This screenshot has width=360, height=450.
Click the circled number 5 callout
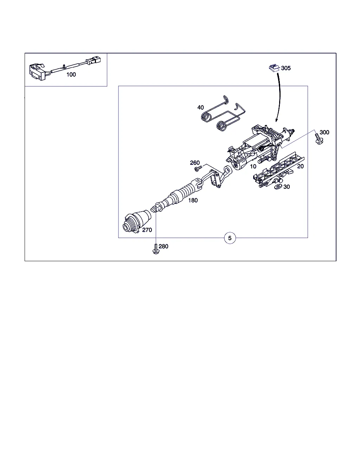(x=230, y=238)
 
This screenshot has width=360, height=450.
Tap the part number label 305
(x=286, y=68)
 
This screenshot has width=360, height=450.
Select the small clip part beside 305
(x=274, y=68)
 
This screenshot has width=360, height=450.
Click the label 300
(x=324, y=133)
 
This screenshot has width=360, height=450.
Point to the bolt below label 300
(x=319, y=139)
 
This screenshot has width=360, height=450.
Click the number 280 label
(x=163, y=246)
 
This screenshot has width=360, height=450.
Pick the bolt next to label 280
(x=155, y=249)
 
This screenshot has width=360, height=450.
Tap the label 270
(x=147, y=230)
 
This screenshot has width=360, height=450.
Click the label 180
(x=193, y=200)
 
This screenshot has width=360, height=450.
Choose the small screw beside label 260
(x=198, y=168)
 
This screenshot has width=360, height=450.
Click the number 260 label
(x=195, y=163)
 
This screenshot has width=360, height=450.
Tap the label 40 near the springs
(x=200, y=108)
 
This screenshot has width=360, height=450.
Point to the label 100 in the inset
(x=71, y=75)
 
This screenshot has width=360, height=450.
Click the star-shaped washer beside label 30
(x=278, y=187)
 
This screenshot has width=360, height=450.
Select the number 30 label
(x=287, y=187)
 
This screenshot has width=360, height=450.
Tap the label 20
(x=300, y=166)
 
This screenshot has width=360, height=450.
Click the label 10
(x=253, y=166)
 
